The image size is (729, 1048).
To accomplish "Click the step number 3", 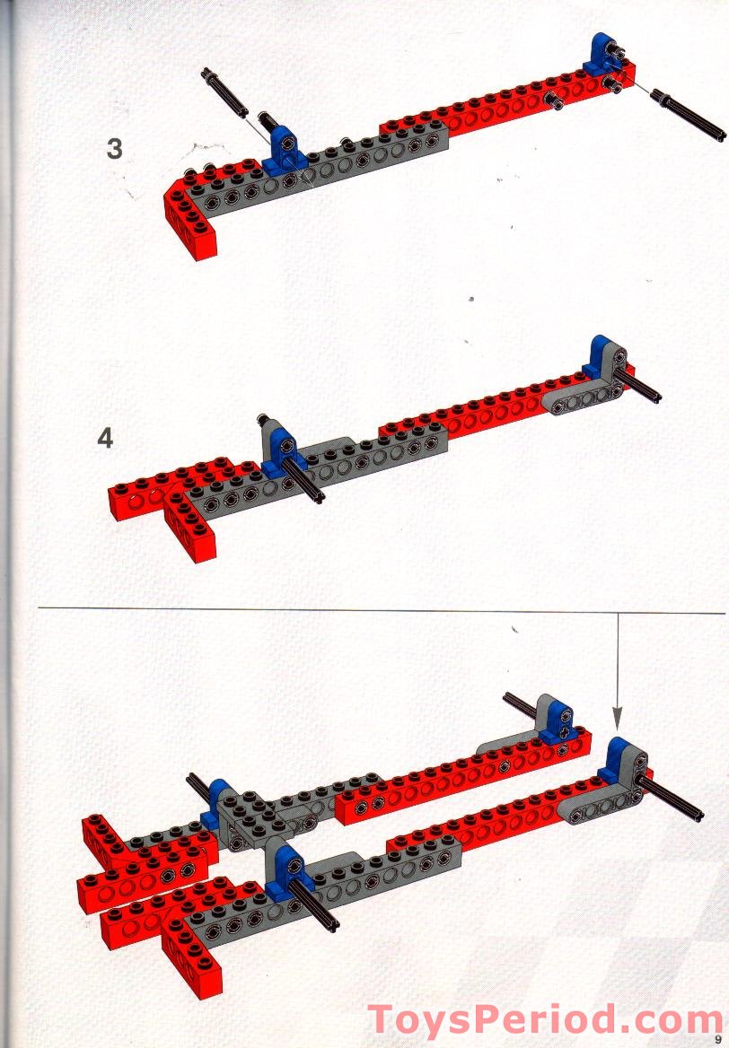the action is pyautogui.click(x=114, y=148).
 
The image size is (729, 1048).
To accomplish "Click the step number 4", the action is pyautogui.click(x=105, y=439).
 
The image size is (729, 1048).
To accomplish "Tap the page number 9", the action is pyautogui.click(x=718, y=1039).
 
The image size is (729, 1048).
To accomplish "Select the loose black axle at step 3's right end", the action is pyautogui.click(x=688, y=115).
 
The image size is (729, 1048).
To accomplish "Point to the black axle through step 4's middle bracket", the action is pyautogui.click(x=303, y=480).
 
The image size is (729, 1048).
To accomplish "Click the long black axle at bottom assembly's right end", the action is pyautogui.click(x=669, y=798).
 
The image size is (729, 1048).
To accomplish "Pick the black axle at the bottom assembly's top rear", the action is pyautogui.click(x=521, y=706).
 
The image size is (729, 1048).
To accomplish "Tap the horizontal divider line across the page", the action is pyautogui.click(x=382, y=610).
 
